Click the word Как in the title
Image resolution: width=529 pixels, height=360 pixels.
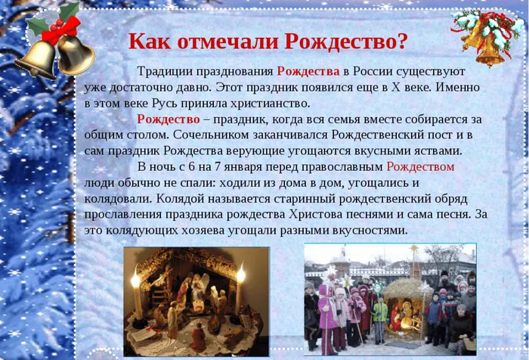click(150, 42)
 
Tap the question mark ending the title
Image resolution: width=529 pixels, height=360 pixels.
click(401, 42)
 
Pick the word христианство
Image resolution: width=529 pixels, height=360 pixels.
click(271, 104)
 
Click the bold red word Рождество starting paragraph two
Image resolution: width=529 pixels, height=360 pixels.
click(169, 119)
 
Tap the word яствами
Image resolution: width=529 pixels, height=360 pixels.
click(439, 151)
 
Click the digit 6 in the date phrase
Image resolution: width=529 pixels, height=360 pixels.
click(192, 167)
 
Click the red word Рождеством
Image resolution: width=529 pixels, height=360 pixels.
click(420, 167)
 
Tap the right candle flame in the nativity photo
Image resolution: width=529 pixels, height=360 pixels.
click(241, 275)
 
